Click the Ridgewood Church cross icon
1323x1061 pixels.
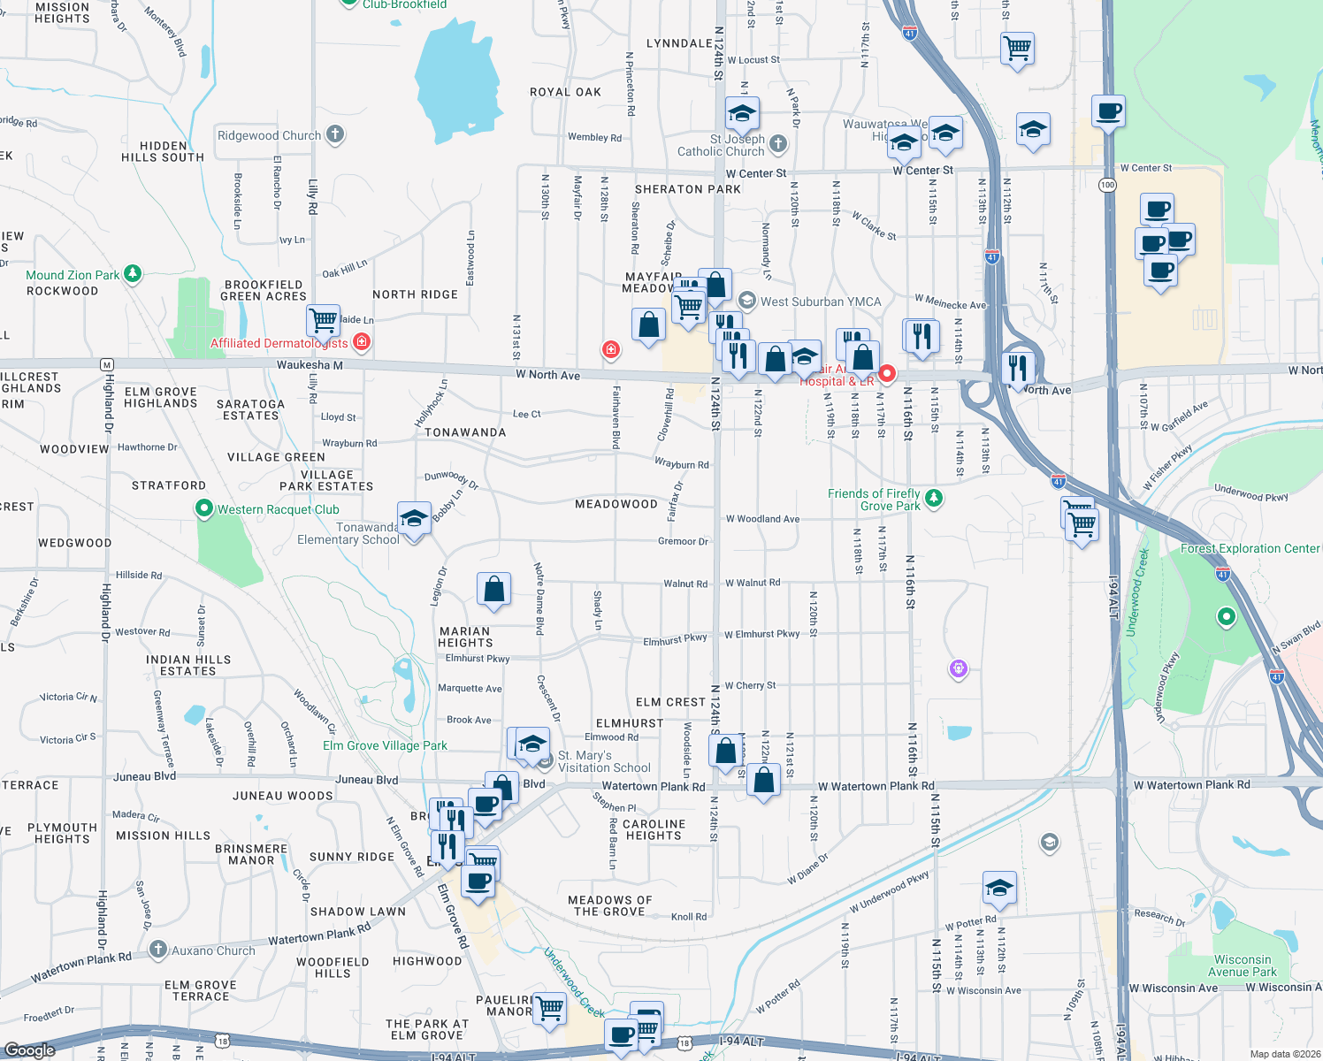click(x=334, y=134)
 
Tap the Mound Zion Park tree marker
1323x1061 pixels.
click(x=133, y=274)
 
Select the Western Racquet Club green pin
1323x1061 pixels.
click(x=204, y=508)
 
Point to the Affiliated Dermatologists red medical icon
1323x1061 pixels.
click(x=361, y=341)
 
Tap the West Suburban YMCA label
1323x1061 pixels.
click(x=820, y=302)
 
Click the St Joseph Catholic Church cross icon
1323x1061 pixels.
click(x=778, y=143)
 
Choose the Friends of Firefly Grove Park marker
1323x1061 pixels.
click(x=933, y=499)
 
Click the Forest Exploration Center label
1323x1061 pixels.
click(x=1250, y=548)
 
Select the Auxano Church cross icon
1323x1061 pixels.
click(x=158, y=950)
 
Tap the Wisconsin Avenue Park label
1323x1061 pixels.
click(x=1242, y=966)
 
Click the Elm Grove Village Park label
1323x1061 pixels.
click(x=385, y=745)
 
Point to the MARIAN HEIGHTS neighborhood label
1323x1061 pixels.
click(x=465, y=637)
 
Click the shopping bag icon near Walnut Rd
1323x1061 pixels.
click(x=494, y=589)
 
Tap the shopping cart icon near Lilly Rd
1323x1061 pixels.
click(x=324, y=320)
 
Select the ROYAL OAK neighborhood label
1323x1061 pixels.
click(x=565, y=92)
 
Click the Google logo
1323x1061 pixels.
click(x=29, y=1050)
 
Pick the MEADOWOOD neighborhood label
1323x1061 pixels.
click(x=616, y=504)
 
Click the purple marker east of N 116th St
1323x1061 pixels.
click(x=959, y=668)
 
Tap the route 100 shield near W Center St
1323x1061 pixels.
click(x=1107, y=185)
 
